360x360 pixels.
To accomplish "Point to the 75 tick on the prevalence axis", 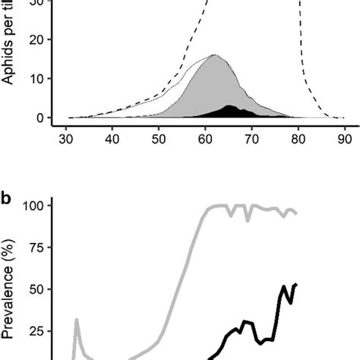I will tap(41, 248).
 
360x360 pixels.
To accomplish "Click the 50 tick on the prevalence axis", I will tap(41, 289).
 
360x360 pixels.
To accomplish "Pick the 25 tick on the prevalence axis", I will tap(41, 331).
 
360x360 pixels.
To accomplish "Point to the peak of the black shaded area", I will tap(230, 106).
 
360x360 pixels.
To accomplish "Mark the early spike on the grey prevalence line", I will tap(77, 320).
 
